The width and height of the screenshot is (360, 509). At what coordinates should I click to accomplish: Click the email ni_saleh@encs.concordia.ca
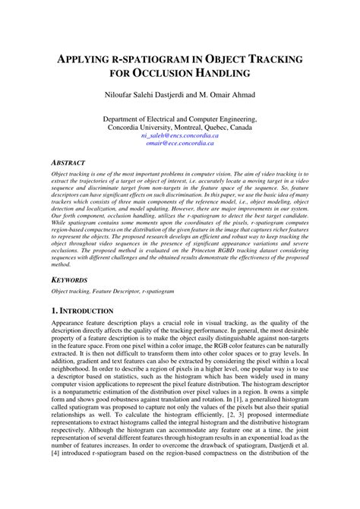tap(179, 135)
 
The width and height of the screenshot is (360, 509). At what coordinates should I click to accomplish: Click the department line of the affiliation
tap(179, 119)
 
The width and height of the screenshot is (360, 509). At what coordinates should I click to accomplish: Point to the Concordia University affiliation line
tap(179, 127)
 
